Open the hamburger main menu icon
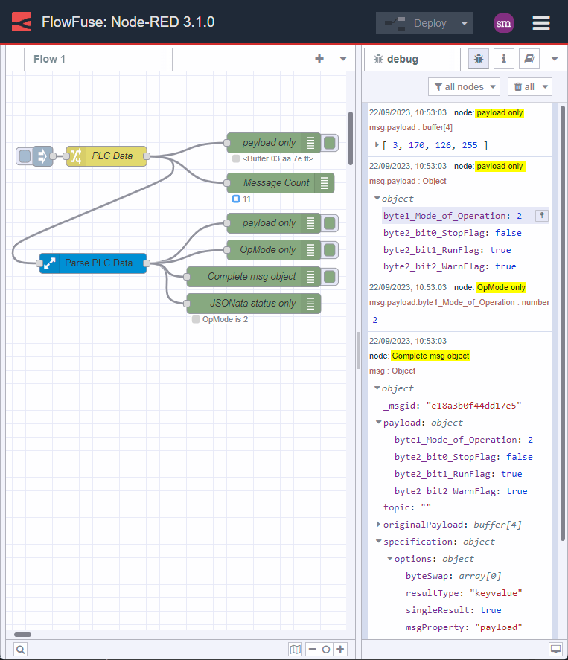(541, 23)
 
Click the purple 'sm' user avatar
(504, 23)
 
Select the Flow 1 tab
(50, 59)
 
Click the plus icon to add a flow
(319, 59)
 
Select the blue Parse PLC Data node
(93, 263)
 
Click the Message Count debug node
(275, 183)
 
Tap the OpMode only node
(267, 250)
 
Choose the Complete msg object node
(251, 277)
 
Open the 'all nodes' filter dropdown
(465, 87)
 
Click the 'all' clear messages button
(529, 87)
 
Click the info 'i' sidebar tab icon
(504, 59)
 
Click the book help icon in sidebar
(529, 59)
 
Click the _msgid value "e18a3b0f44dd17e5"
(473, 406)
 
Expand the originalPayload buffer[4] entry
(379, 525)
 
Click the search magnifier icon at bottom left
(20, 650)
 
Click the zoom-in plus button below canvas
(340, 650)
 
